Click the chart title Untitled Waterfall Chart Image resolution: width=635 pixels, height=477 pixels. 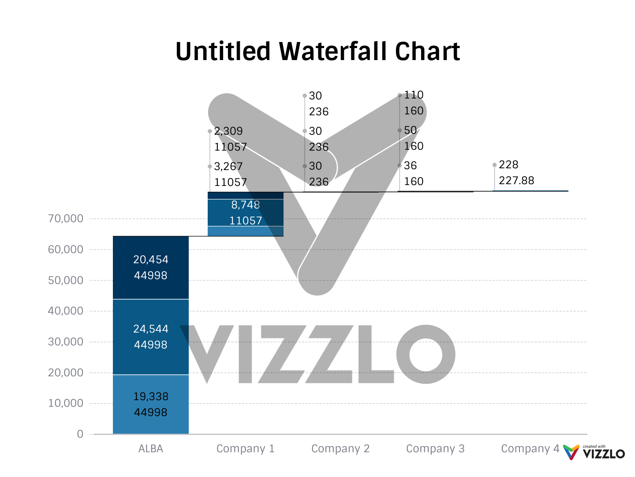click(317, 51)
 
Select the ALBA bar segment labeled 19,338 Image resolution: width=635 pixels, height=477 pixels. click(151, 404)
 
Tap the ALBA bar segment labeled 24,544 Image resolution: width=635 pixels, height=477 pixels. click(151, 337)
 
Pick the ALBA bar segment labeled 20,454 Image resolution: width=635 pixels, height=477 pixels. click(151, 267)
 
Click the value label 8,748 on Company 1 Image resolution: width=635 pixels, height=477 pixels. click(246, 205)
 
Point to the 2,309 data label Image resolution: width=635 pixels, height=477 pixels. click(228, 131)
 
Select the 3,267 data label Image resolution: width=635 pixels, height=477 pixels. click(228, 167)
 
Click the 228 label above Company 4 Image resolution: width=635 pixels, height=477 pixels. click(508, 165)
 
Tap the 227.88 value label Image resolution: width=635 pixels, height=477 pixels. click(516, 181)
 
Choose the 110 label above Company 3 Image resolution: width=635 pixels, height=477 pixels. click(414, 95)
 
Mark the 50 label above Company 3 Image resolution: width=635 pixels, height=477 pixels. click(410, 130)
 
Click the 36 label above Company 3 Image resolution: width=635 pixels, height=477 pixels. click(410, 166)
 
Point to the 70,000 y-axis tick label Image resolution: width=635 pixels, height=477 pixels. click(65, 219)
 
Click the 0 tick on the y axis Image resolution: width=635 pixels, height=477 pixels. click(80, 434)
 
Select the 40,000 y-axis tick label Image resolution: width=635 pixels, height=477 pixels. click(65, 311)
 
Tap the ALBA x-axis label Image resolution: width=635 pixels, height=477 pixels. click(151, 449)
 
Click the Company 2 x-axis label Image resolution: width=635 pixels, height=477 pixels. click(340, 449)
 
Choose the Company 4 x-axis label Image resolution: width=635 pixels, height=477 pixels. click(530, 449)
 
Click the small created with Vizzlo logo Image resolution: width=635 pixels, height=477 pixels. click(594, 453)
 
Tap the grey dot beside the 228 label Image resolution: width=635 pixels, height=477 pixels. click(494, 165)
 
